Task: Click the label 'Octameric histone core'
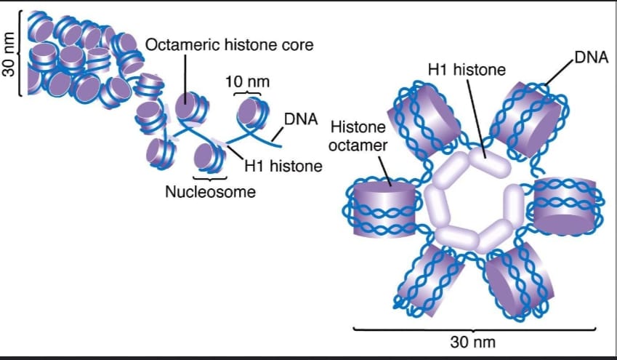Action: (x=230, y=44)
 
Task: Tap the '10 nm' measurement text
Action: (x=248, y=81)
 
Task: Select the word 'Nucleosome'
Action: (x=211, y=192)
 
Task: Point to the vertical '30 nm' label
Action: (x=9, y=54)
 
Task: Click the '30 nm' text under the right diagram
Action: (x=473, y=342)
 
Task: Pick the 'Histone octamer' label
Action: (x=358, y=136)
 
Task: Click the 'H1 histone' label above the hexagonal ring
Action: (x=467, y=69)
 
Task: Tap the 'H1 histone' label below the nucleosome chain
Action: (x=283, y=166)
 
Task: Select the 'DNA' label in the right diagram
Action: (x=592, y=57)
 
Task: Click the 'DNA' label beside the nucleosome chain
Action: (x=301, y=119)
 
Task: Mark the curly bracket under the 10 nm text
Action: (x=247, y=93)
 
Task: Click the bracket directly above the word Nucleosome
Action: (x=210, y=178)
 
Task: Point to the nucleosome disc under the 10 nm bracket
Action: (x=253, y=113)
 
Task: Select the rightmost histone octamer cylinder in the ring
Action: (x=565, y=206)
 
